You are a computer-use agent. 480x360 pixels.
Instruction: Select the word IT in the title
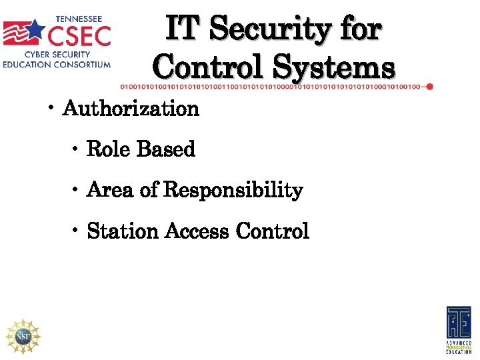(x=181, y=29)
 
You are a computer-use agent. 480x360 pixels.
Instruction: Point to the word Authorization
(x=131, y=109)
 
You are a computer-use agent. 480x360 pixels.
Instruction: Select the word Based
(x=165, y=149)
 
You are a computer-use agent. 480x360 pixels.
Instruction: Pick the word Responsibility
(x=233, y=190)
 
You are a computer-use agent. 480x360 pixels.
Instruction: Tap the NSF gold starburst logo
(x=23, y=335)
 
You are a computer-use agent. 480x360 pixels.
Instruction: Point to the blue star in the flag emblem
(x=35, y=30)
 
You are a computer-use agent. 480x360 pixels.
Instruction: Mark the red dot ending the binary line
(x=429, y=87)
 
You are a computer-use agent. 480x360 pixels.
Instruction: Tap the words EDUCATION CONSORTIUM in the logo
(x=56, y=65)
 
